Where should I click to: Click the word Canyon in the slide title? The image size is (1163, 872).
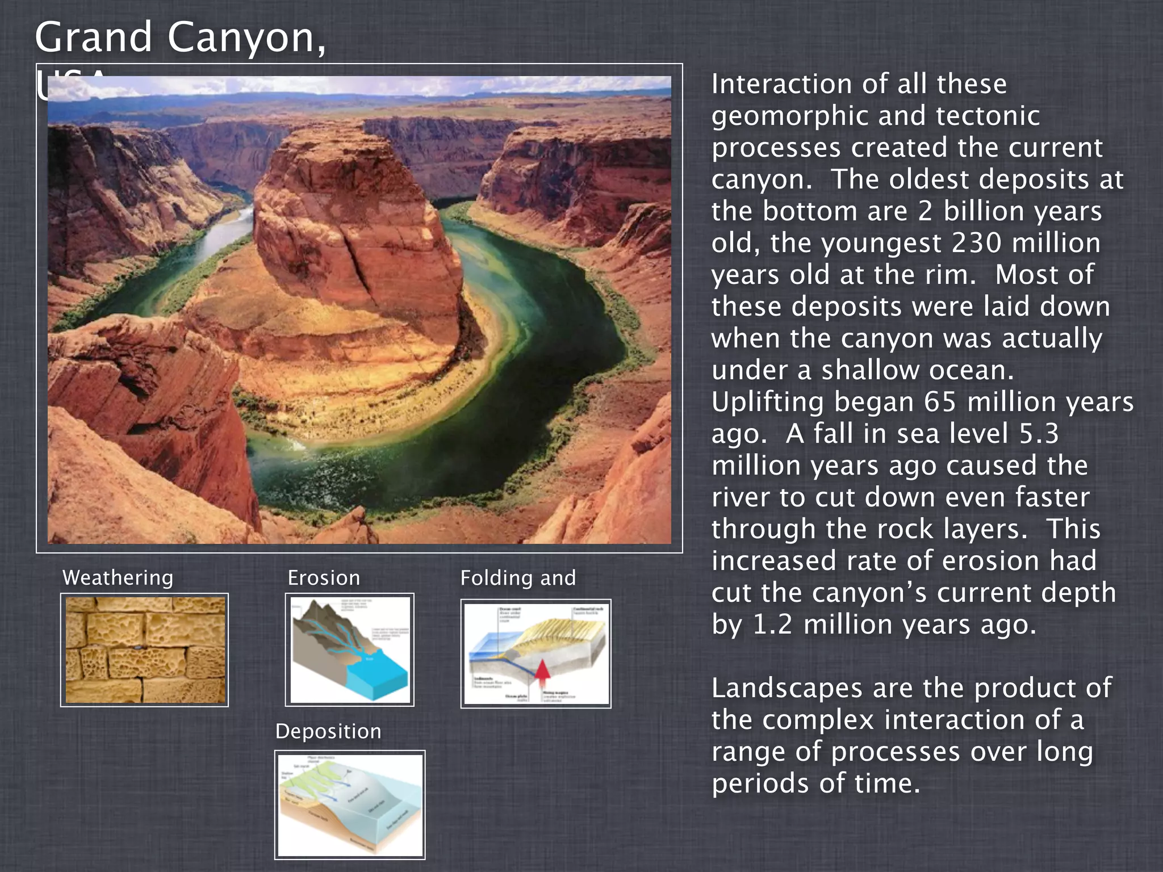(239, 37)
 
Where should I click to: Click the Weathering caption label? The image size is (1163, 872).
(118, 578)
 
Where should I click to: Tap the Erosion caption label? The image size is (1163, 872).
(324, 578)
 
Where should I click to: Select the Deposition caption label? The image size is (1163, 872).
(328, 731)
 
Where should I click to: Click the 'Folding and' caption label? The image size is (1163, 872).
(518, 578)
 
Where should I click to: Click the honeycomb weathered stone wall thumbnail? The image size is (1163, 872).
(145, 650)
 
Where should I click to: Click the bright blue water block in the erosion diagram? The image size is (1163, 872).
(377, 679)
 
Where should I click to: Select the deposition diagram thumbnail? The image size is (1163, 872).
(350, 804)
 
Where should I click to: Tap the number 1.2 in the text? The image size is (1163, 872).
(772, 624)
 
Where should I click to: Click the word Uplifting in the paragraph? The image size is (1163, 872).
(767, 402)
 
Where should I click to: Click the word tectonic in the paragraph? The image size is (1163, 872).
(988, 116)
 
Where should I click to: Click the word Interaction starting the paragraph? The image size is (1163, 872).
(781, 84)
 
